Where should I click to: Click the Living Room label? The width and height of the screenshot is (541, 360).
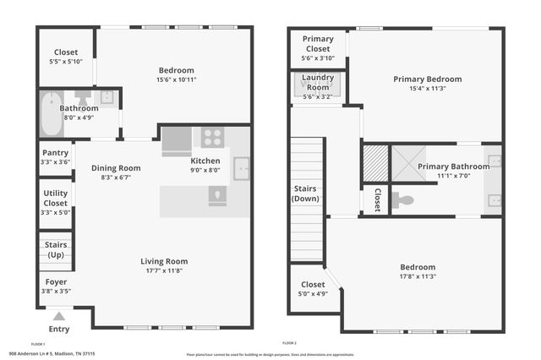click(x=164, y=261)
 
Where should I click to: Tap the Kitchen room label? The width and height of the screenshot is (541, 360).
click(x=205, y=161)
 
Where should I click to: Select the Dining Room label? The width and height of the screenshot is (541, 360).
click(x=116, y=168)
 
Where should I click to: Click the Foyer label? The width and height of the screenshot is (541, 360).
click(x=55, y=281)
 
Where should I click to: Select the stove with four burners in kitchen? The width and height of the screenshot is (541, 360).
click(x=212, y=137)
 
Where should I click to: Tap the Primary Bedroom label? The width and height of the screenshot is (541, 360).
click(x=427, y=79)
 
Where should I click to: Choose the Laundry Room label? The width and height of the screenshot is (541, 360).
click(x=318, y=83)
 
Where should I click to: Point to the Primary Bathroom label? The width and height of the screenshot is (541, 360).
click(x=453, y=166)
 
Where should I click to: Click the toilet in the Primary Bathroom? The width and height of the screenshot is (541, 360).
click(x=403, y=201)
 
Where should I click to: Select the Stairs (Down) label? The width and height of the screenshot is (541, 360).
click(x=306, y=193)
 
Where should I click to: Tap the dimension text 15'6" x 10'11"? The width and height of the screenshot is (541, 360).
click(x=177, y=80)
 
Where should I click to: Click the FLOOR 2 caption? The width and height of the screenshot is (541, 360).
click(x=290, y=343)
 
